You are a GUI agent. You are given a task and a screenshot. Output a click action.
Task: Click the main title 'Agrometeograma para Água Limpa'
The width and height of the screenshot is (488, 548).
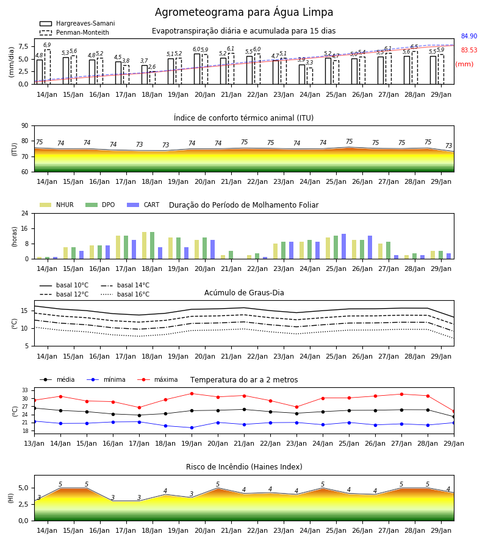244,12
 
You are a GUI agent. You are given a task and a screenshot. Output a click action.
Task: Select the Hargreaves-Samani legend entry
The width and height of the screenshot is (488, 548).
77,23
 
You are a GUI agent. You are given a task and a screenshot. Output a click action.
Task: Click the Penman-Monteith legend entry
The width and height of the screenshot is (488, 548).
74,32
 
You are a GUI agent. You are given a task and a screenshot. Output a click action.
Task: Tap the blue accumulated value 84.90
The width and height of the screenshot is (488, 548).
469,36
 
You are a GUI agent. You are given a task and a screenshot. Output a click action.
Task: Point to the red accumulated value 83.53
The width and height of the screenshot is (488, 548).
469,50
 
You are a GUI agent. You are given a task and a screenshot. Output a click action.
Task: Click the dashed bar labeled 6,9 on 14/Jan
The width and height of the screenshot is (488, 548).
47,67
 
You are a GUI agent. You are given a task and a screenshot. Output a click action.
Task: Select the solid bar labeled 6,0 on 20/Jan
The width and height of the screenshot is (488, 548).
197,69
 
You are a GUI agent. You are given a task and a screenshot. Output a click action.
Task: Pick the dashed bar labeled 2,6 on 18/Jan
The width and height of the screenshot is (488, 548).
152,78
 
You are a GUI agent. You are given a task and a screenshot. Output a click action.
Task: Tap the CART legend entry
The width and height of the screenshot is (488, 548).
143,205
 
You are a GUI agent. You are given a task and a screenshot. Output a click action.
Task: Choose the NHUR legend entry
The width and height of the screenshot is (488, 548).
57,205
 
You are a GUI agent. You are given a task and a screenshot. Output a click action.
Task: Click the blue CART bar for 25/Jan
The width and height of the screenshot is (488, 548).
344,247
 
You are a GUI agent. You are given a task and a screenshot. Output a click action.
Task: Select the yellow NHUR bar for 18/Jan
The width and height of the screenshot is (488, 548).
144,245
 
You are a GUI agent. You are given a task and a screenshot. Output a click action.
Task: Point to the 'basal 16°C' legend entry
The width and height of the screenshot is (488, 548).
125,294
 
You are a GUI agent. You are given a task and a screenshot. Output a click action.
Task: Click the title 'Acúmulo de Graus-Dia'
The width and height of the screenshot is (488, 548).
244,292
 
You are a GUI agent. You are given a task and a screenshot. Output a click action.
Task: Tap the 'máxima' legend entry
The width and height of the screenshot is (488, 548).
157,379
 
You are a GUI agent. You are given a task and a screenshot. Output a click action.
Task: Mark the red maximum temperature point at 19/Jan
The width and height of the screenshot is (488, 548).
192,393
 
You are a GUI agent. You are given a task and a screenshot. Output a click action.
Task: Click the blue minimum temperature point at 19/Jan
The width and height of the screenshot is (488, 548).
192,428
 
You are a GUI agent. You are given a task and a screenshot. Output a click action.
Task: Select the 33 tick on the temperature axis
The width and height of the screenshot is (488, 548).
25,390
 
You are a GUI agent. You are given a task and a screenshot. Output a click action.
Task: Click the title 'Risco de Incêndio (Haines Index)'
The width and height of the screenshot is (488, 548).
244,467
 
